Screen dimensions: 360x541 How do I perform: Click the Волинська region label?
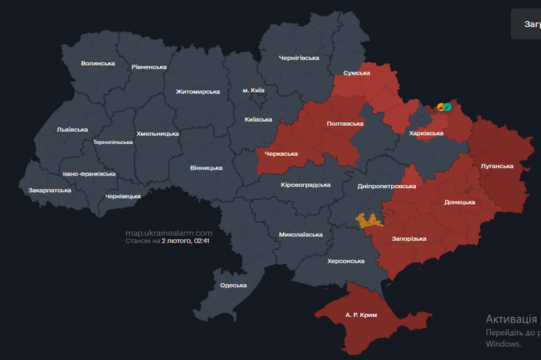pyautogui.click(x=98, y=64)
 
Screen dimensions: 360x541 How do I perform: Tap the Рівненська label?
pyautogui.click(x=149, y=67)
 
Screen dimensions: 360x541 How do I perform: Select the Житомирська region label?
pyautogui.click(x=197, y=91)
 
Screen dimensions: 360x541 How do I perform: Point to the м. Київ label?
pyautogui.click(x=254, y=90)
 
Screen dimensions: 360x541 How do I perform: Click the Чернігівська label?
pyautogui.click(x=299, y=58)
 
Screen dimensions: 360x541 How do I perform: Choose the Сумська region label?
pyautogui.click(x=357, y=73)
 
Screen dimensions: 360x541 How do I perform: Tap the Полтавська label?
pyautogui.click(x=344, y=124)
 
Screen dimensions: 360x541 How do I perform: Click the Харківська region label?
pyautogui.click(x=426, y=133)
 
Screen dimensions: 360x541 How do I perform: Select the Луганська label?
pyautogui.click(x=496, y=166)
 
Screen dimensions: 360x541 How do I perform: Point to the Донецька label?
pyautogui.click(x=460, y=202)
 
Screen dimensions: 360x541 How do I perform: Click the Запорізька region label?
pyautogui.click(x=409, y=239)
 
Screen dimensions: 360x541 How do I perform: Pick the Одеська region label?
pyautogui.click(x=233, y=285)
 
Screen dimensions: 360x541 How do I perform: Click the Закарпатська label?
pyautogui.click(x=50, y=190)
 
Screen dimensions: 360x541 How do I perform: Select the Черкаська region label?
pyautogui.click(x=281, y=154)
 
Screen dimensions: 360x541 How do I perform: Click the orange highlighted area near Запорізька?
pyautogui.click(x=369, y=220)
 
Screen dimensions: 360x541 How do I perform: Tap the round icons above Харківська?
pyautogui.click(x=444, y=108)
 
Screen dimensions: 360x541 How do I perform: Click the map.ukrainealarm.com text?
pyautogui.click(x=169, y=233)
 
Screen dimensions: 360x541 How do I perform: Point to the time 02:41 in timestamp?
pyautogui.click(x=202, y=241)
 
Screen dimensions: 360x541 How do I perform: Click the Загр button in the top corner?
pyautogui.click(x=530, y=24)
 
